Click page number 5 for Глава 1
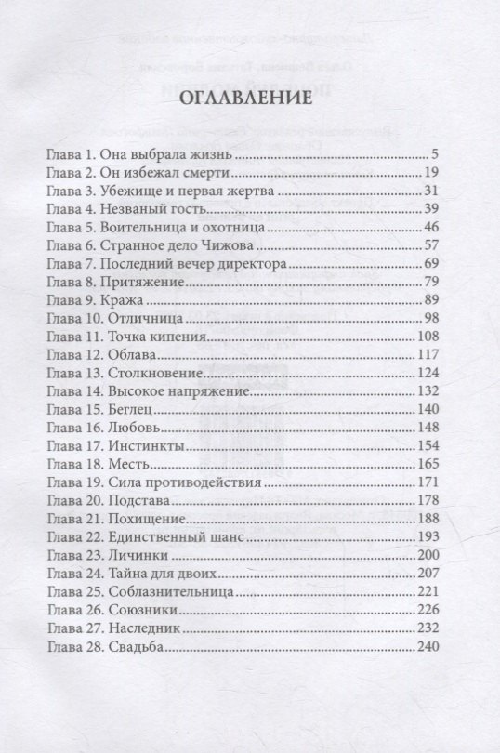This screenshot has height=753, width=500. tap(448, 155)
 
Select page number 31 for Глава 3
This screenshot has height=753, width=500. tap(443, 191)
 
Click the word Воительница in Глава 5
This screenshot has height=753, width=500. tap(146, 227)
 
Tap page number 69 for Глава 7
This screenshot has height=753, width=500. tap(443, 263)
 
